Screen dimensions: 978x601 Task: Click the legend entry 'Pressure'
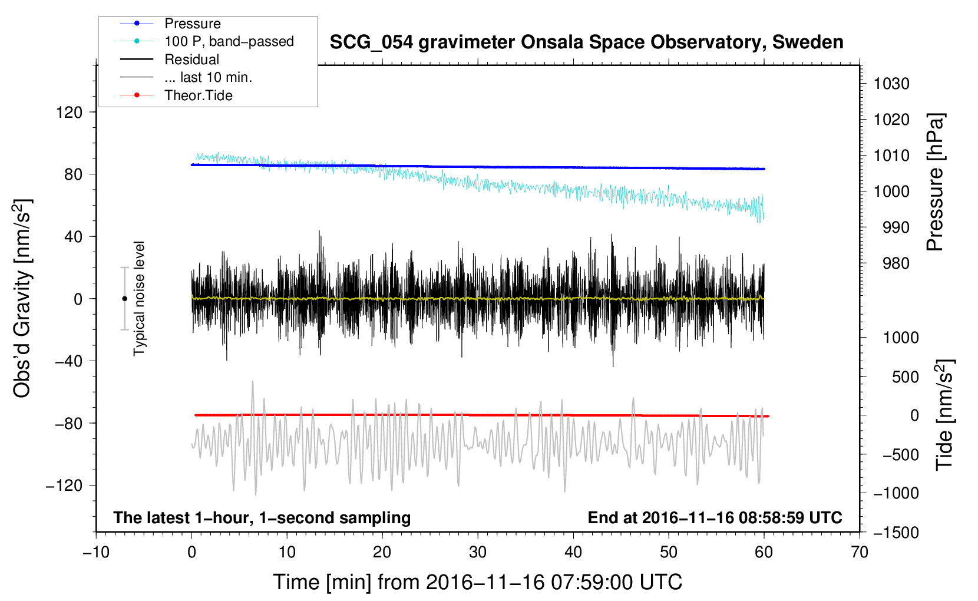pyautogui.click(x=193, y=24)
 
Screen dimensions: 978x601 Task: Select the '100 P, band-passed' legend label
pyautogui.click(x=229, y=41)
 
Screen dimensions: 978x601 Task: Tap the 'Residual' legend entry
pyautogui.click(x=191, y=60)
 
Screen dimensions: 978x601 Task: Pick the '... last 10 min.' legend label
pyautogui.click(x=208, y=77)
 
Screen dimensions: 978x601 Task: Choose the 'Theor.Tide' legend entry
pyautogui.click(x=198, y=95)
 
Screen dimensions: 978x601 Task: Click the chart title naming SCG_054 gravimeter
pyautogui.click(x=586, y=42)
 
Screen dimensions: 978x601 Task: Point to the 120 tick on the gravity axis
pyautogui.click(x=69, y=113)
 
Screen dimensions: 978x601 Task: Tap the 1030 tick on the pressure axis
pyautogui.click(x=891, y=84)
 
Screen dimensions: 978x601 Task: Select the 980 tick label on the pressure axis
pyautogui.click(x=896, y=263)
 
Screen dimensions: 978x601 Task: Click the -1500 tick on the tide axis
pyautogui.click(x=896, y=533)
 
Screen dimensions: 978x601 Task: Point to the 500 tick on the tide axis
pyautogui.click(x=906, y=377)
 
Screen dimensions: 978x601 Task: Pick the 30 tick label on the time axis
pyautogui.click(x=478, y=553)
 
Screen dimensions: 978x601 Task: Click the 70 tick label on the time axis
pyautogui.click(x=859, y=553)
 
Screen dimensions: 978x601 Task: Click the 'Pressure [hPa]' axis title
pyautogui.click(x=935, y=182)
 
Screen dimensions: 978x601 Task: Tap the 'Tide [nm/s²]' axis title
pyautogui.click(x=944, y=415)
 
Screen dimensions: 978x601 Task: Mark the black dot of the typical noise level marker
pyautogui.click(x=124, y=299)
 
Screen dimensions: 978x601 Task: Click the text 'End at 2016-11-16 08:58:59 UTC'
pyautogui.click(x=715, y=517)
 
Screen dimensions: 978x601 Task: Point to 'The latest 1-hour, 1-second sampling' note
pyautogui.click(x=262, y=518)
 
